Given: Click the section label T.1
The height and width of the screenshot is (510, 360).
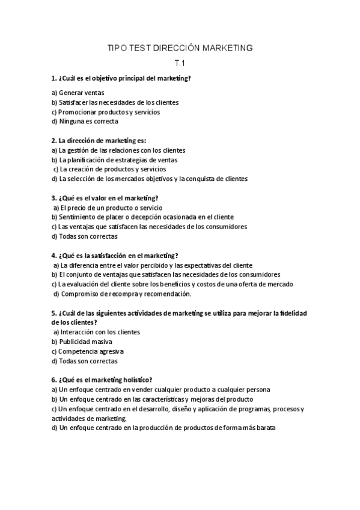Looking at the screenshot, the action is click(x=180, y=64).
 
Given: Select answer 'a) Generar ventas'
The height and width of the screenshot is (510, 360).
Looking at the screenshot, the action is click(x=78, y=93).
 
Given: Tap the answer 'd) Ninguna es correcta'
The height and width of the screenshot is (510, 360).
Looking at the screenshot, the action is click(x=85, y=121).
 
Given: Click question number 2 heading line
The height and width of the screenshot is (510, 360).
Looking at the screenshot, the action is click(x=99, y=140).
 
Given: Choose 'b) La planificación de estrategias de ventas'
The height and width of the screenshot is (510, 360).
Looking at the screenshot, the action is click(x=114, y=159).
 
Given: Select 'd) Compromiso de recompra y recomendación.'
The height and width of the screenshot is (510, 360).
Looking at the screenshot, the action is click(x=122, y=293).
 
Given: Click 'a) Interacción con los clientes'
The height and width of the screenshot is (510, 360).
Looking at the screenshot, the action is click(x=97, y=332).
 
